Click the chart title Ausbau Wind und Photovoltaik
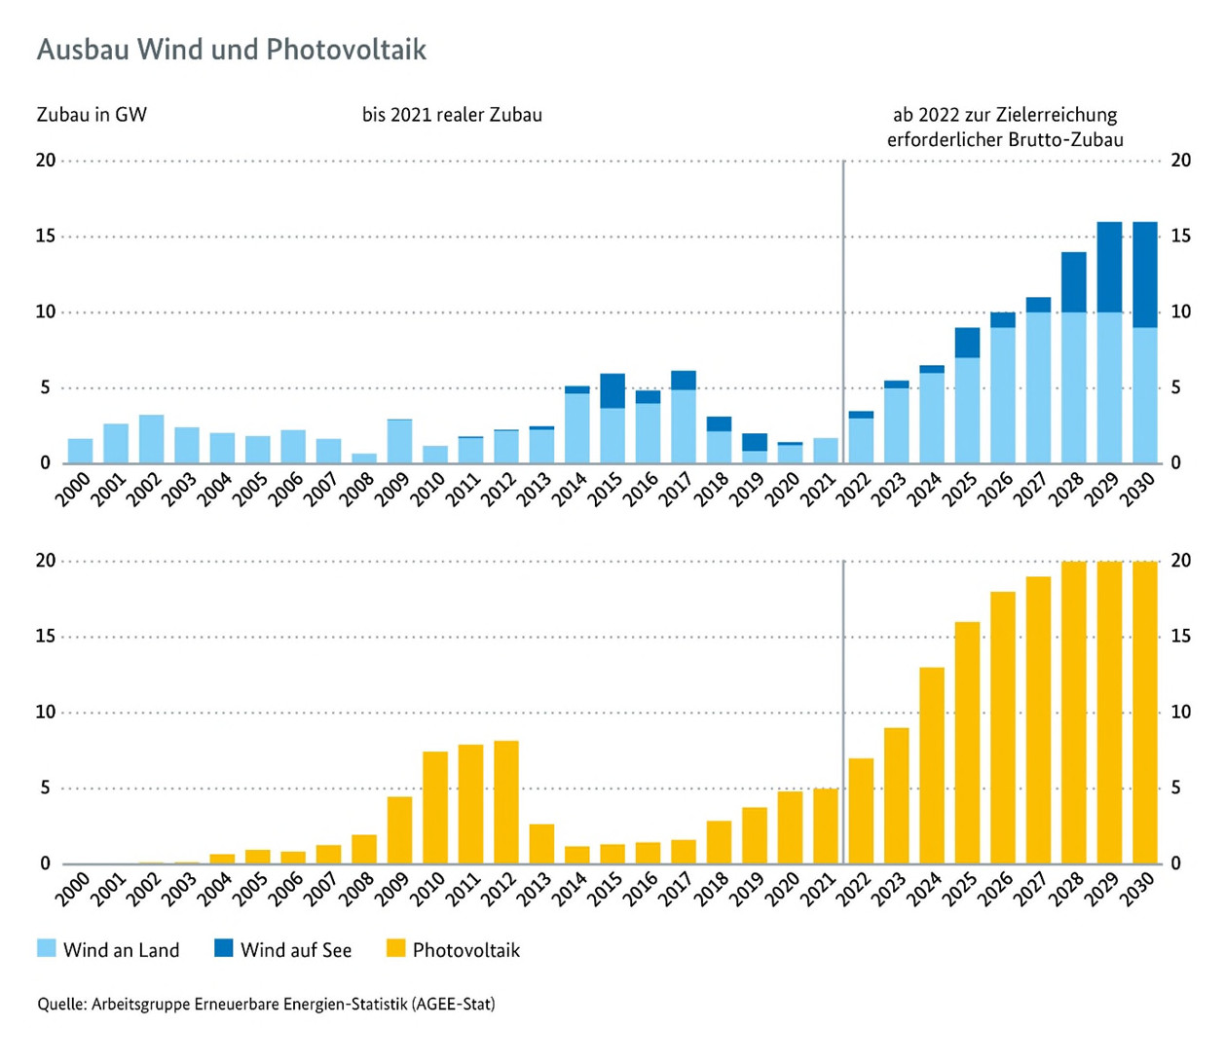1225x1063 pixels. [231, 50]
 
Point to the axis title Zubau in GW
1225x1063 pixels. [92, 115]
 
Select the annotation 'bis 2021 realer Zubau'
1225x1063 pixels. [452, 115]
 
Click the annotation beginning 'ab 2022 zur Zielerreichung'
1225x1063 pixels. [1004, 128]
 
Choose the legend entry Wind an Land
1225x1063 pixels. [108, 950]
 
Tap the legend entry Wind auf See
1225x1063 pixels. [283, 950]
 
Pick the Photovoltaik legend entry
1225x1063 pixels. [454, 950]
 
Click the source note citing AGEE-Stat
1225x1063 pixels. [266, 1004]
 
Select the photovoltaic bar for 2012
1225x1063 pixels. [506, 803]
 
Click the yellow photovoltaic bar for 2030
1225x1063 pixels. [1145, 713]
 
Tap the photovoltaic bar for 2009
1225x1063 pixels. [399, 830]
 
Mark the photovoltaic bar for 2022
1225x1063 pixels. [861, 811]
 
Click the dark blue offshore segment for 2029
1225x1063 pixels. [1109, 267]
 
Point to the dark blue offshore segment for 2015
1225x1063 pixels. [612, 390]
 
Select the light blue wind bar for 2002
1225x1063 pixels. [151, 439]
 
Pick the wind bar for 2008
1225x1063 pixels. [364, 458]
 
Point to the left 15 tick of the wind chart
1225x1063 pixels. [46, 237]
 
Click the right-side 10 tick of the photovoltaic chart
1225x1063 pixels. [1180, 713]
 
